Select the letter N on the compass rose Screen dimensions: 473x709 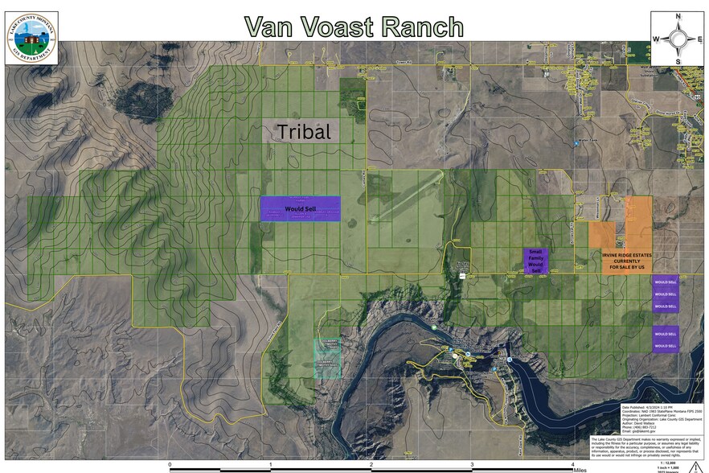click(x=678, y=16)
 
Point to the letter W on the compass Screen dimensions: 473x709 click(x=656, y=39)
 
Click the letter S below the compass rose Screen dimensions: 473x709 click(x=678, y=61)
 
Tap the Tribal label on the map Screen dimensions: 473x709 click(x=304, y=131)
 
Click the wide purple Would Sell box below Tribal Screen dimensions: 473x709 click(x=301, y=208)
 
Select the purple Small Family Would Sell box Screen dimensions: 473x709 click(x=535, y=261)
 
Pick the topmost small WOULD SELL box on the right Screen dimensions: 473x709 click(x=665, y=283)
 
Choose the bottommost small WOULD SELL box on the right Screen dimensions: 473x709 click(x=665, y=346)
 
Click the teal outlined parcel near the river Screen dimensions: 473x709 click(x=327, y=357)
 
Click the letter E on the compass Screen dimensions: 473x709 click(x=699, y=39)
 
